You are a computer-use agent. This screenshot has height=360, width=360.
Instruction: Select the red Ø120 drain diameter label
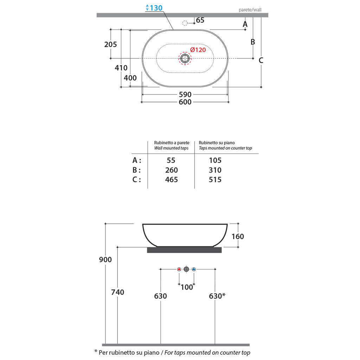coord(198,50)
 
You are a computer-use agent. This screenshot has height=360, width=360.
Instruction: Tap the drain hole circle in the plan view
coord(185,58)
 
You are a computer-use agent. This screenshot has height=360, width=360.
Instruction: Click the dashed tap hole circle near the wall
coord(185,23)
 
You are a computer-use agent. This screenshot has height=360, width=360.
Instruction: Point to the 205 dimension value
coord(110,44)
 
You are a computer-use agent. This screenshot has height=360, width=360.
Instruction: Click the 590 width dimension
coord(185,95)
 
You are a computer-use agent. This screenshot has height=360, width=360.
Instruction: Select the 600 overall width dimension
coord(185,102)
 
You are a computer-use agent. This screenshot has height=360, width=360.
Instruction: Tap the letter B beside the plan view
coord(252,42)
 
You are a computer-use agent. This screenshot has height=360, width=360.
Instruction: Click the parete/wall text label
coord(250,10)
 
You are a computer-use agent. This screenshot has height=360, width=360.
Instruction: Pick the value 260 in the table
coord(171,170)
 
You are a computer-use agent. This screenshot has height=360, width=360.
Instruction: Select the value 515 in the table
coord(215,180)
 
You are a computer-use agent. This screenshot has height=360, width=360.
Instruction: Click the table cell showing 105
coord(215,160)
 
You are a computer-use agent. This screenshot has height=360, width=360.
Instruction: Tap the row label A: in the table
coord(137,160)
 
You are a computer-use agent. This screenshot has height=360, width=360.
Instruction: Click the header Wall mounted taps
coord(172,148)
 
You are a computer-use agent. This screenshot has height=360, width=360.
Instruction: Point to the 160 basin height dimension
coord(238,236)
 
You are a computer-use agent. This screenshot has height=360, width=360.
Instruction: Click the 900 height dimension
coord(105,260)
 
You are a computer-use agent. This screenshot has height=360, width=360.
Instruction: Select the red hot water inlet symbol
coord(179,269)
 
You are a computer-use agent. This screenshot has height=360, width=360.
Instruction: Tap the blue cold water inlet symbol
coord(194,269)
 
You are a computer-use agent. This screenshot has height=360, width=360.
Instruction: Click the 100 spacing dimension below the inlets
coord(187,287)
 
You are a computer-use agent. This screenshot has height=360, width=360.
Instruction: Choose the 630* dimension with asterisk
coord(217,296)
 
